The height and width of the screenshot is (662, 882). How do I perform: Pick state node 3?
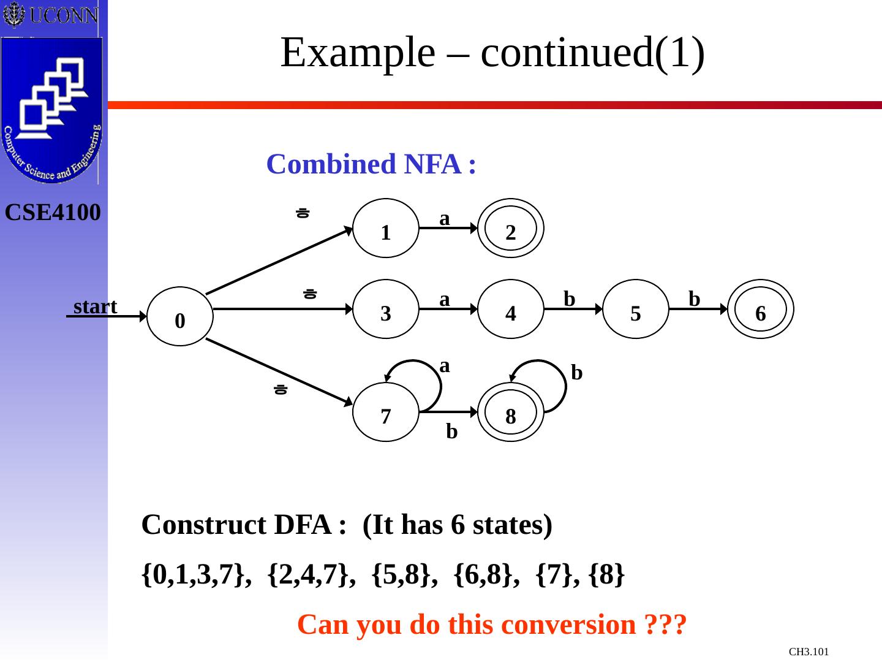(x=386, y=309)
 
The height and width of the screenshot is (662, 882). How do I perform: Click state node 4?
(x=511, y=309)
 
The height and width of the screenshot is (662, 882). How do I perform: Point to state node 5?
(x=636, y=309)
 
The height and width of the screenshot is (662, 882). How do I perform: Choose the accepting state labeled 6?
(x=761, y=309)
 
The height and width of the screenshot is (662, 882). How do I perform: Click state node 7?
(x=386, y=412)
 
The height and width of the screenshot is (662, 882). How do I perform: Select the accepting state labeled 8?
(x=511, y=412)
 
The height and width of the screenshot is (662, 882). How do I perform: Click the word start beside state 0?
(x=95, y=306)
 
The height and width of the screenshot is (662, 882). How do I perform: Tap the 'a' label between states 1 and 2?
(x=445, y=218)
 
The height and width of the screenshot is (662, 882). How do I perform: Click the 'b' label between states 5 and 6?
(x=694, y=299)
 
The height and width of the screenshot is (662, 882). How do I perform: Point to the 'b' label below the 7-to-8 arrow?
(x=451, y=432)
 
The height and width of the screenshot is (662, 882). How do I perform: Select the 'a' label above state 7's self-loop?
(x=445, y=366)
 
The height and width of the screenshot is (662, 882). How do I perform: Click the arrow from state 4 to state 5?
(x=573, y=310)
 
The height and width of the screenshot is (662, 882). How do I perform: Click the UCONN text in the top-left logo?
(x=63, y=15)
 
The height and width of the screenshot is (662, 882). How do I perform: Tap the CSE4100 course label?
(x=53, y=213)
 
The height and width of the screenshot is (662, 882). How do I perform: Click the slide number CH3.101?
(x=809, y=652)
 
